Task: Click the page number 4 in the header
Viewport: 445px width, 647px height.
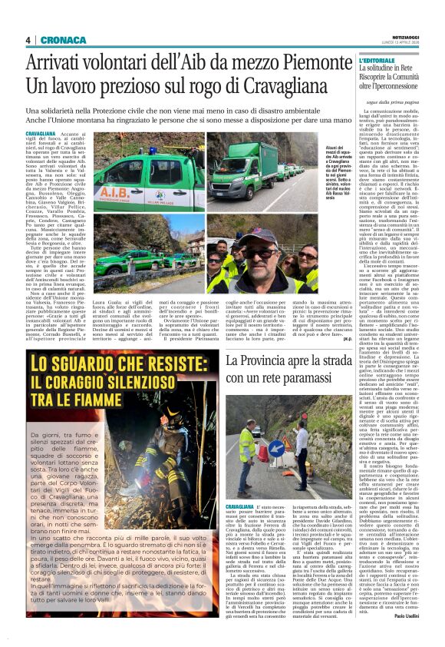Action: point(28,40)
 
